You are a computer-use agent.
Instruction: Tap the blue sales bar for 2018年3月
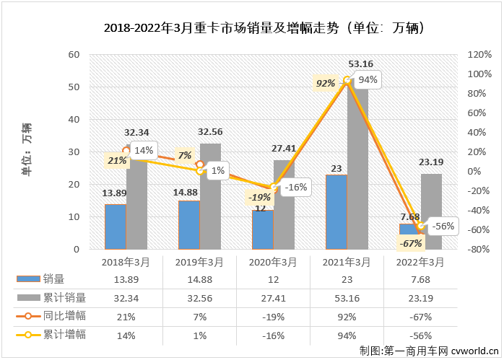pyautogui.click(x=116, y=227)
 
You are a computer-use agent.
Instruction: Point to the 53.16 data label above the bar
pyautogui.click(x=360, y=64)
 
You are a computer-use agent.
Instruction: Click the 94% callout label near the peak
pyautogui.click(x=368, y=80)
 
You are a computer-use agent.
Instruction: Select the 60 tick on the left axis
pyautogui.click(x=74, y=55)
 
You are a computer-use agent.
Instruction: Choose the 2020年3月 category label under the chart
pyautogui.click(x=273, y=262)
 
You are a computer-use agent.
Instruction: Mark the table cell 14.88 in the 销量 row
pyautogui.click(x=200, y=279)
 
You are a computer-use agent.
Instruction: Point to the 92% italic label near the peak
pyautogui.click(x=326, y=83)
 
